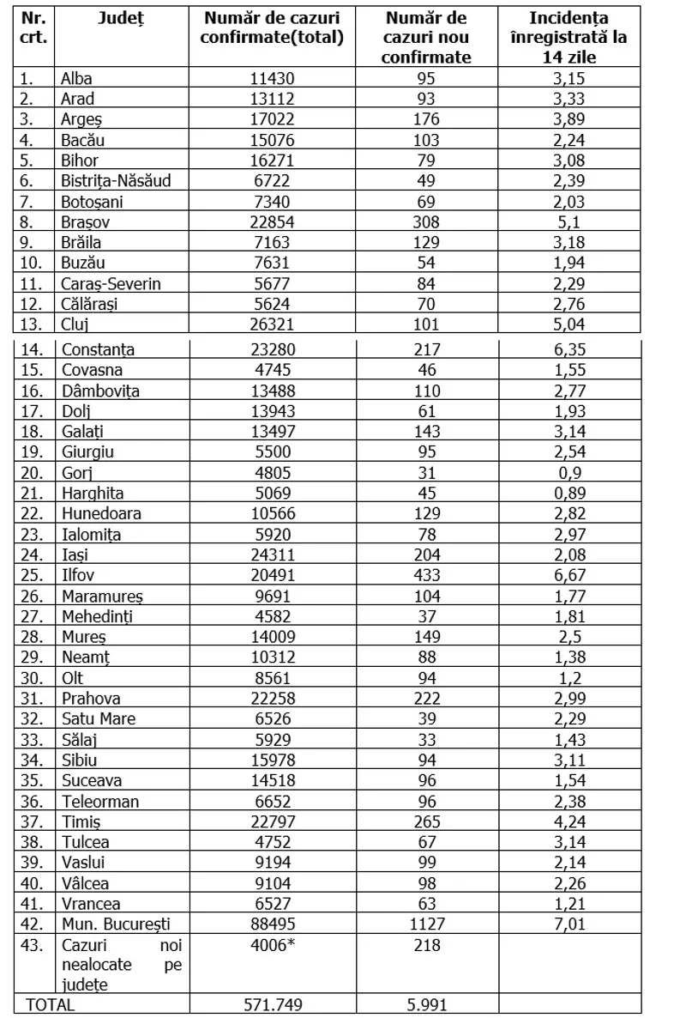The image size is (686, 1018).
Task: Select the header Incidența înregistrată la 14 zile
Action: coord(578,38)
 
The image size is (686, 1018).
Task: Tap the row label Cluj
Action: coord(75,324)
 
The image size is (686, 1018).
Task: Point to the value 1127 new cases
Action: coord(426,924)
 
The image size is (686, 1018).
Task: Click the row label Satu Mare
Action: coord(99,719)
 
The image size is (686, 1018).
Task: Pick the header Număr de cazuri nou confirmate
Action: coord(426,38)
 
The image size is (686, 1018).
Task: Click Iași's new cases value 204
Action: coord(426,554)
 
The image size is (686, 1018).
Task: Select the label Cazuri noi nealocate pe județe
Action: coord(122,965)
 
